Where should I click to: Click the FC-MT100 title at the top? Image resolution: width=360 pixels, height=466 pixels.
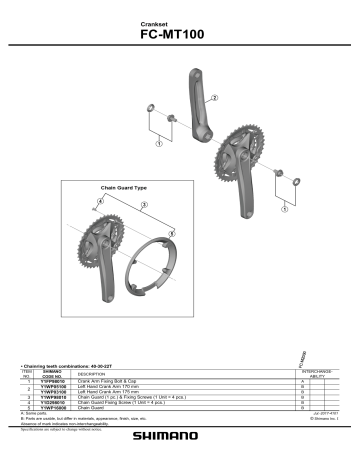click(179, 31)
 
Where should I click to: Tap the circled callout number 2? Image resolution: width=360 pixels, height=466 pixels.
click(214, 98)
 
